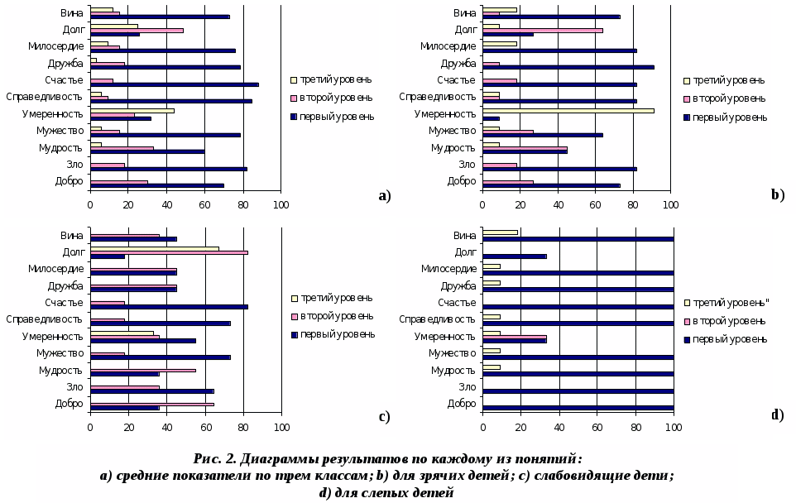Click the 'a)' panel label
(384, 196)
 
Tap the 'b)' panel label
(777, 195)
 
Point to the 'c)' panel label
(384, 416)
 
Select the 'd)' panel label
(777, 414)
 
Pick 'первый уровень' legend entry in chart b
(729, 117)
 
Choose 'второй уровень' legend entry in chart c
(336, 316)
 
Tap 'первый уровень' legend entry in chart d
(729, 338)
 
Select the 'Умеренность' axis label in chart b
(445, 114)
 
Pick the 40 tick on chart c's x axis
(166, 428)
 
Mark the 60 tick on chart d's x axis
(597, 428)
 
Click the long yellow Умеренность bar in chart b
(568, 110)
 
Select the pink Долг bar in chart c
(169, 251)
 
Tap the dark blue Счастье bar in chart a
(174, 84)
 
